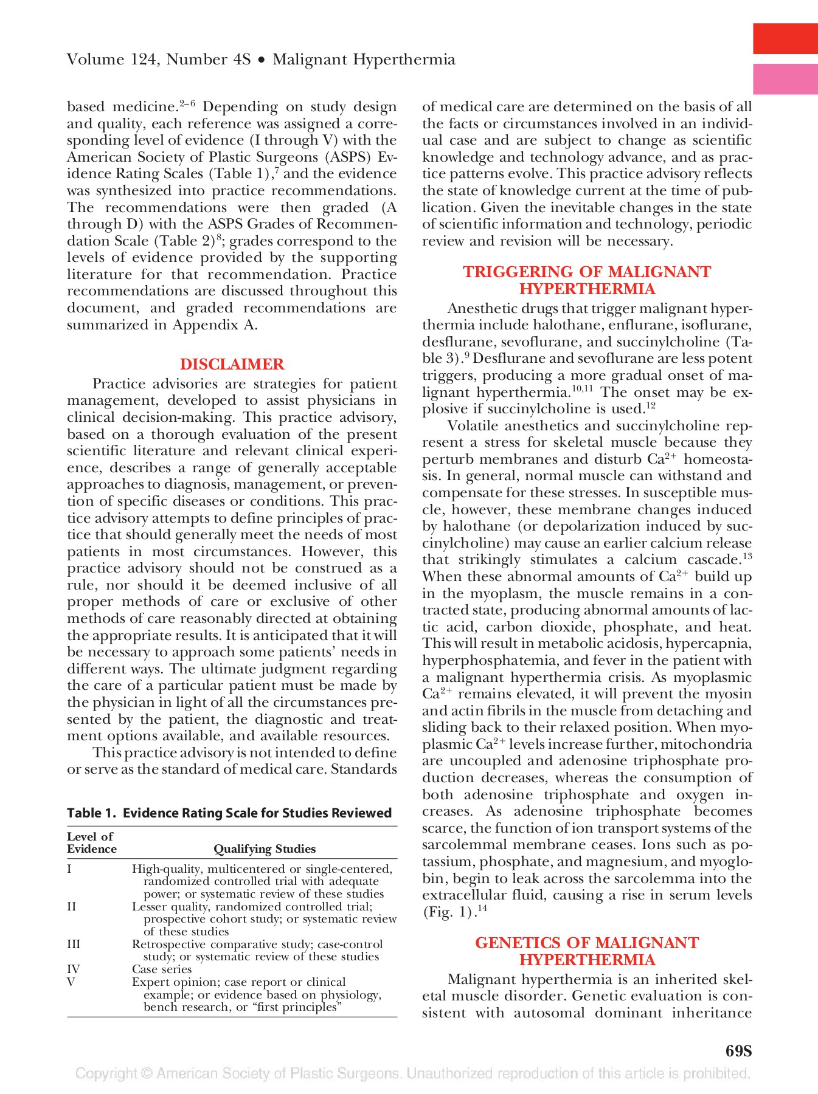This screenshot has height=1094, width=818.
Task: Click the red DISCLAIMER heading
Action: (232, 364)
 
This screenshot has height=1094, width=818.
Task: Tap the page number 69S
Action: (738, 1051)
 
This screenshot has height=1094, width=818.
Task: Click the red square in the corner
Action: (785, 39)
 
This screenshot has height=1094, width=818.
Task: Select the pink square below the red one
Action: (785, 79)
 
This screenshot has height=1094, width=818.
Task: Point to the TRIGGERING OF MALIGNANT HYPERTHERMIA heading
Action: (587, 280)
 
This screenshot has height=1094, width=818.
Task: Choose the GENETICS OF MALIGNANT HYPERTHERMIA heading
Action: (587, 951)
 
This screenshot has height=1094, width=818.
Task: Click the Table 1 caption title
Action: (229, 813)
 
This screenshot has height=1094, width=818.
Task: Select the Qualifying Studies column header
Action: (265, 849)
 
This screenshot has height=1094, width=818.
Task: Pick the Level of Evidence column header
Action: (91, 842)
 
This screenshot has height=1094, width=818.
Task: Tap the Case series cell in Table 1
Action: (162, 969)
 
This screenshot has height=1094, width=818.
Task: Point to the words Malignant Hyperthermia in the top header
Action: (364, 60)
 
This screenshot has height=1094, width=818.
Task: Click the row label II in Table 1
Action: (72, 906)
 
